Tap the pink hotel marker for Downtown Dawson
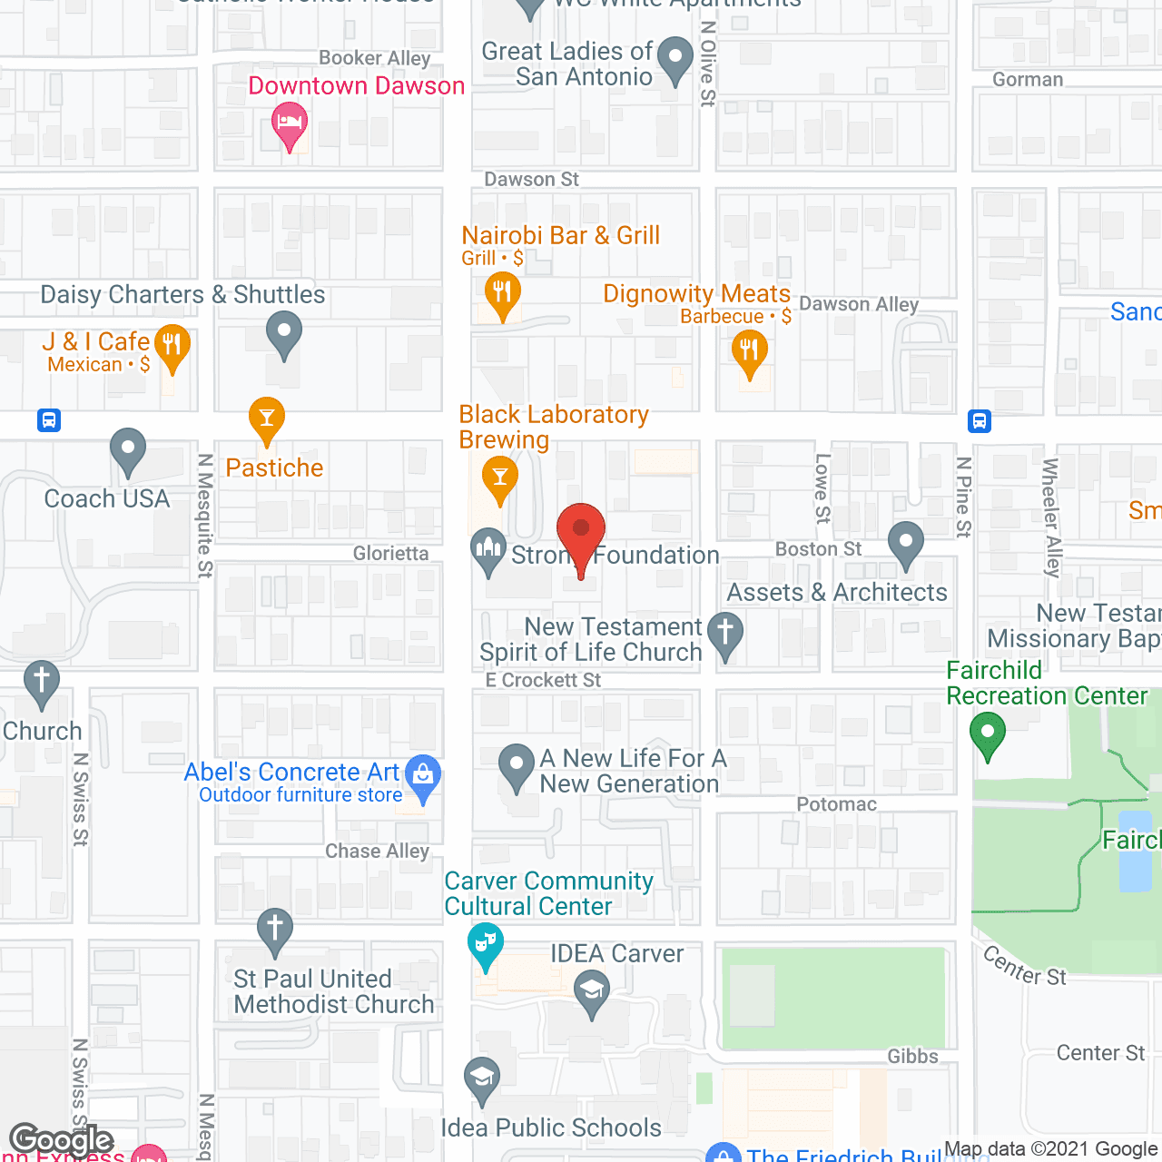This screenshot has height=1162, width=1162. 290,124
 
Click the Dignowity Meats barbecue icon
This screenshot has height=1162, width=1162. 749,351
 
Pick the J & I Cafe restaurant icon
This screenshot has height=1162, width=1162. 172,346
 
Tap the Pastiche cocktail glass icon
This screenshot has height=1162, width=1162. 266,419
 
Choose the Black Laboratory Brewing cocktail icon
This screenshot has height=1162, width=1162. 499,478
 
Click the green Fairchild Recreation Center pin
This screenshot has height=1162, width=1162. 988,734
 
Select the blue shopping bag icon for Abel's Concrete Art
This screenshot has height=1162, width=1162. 422,776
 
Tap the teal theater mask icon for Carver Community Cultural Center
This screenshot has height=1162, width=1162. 487,945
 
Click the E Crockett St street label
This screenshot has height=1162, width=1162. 543,680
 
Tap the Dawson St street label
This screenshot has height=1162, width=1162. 531,180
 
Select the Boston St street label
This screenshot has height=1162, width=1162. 818,549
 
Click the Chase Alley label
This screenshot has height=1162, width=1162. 377,851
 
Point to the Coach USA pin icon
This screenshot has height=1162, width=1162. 128,449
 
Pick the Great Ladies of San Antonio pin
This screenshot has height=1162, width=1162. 675,59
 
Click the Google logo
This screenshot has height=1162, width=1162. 62,1140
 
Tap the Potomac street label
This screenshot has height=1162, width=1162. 836,804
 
